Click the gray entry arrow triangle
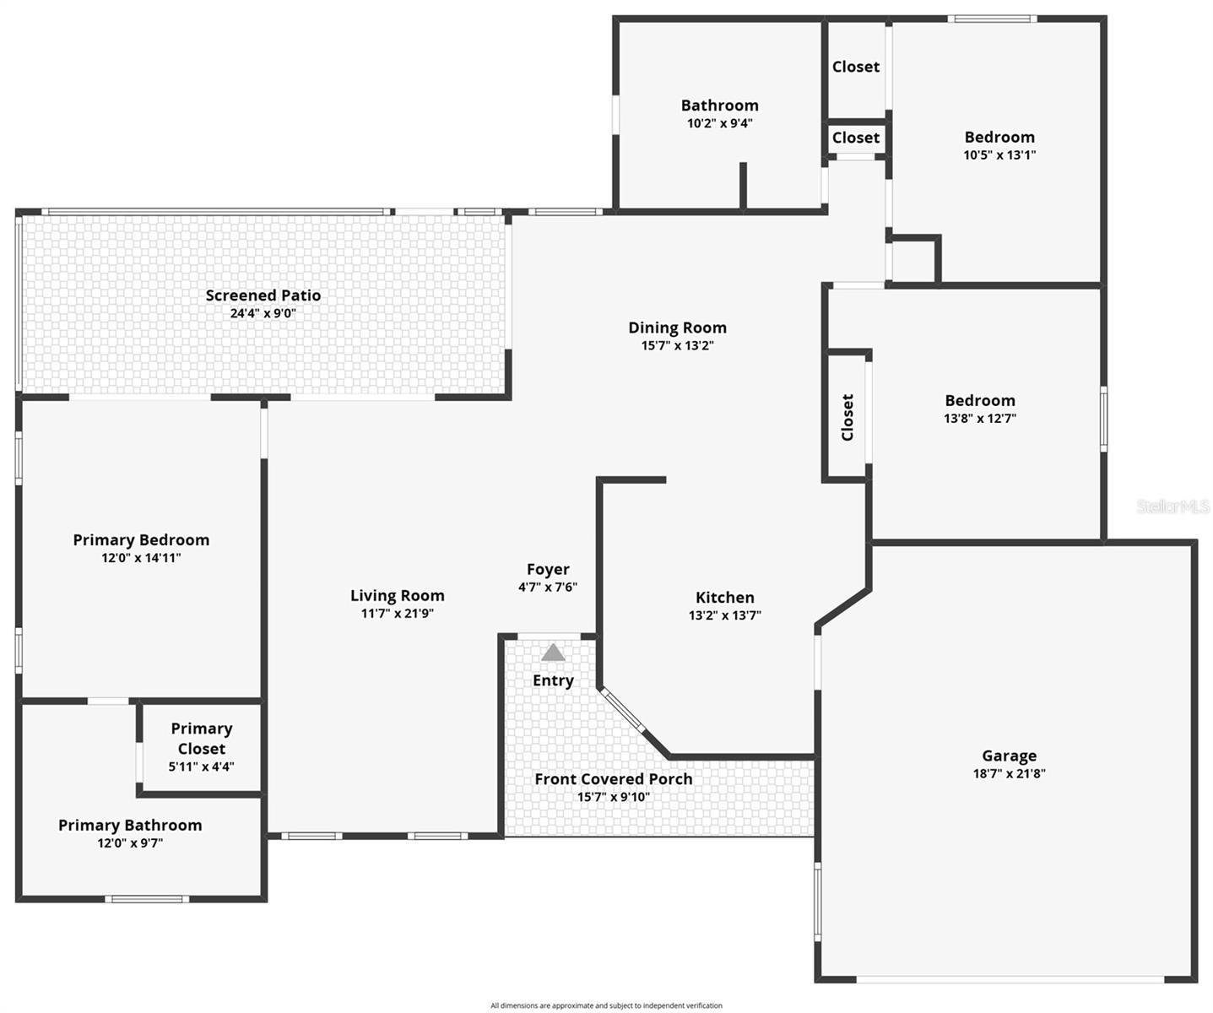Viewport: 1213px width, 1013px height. coord(553,653)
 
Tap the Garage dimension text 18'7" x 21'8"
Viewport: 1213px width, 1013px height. coord(1009,773)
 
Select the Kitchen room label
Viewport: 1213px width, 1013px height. coord(724,598)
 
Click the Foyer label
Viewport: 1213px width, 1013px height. coord(548,570)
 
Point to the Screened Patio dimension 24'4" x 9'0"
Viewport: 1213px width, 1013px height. coord(263,313)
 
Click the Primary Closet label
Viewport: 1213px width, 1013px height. coord(202,739)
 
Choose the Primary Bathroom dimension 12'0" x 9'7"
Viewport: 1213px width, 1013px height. coord(130,842)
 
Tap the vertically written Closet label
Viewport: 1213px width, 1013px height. coord(847,417)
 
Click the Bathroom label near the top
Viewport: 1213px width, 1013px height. coord(719,106)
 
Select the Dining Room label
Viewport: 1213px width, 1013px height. coord(677,328)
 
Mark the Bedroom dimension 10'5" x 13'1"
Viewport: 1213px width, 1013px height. coord(999,155)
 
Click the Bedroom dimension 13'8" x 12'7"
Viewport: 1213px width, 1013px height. coord(979,419)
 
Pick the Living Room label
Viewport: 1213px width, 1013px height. coord(397,596)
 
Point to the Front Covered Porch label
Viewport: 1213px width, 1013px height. coord(613,779)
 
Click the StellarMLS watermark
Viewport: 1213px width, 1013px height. coord(1172,506)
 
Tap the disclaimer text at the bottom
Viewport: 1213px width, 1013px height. coord(606,1005)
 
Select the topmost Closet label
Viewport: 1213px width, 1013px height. coord(855,67)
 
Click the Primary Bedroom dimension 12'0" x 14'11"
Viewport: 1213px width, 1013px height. coord(141,558)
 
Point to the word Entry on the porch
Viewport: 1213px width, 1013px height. coord(553,680)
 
